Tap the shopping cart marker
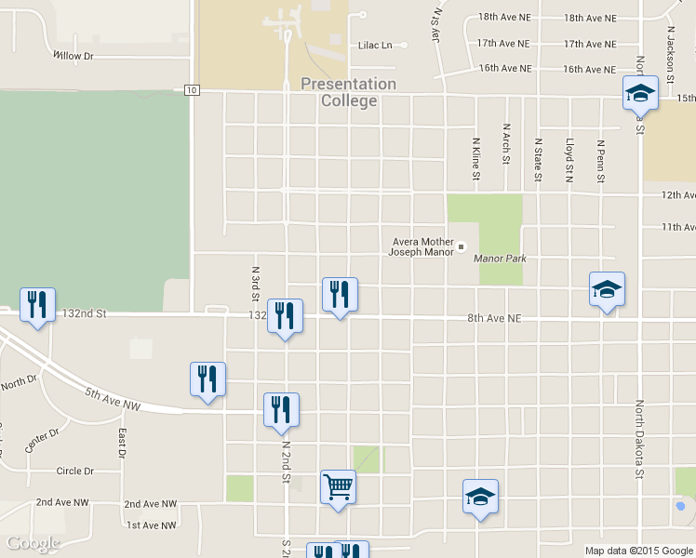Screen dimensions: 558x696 click(x=338, y=487)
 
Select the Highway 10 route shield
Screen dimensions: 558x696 click(x=191, y=89)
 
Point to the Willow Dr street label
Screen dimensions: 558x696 click(x=74, y=56)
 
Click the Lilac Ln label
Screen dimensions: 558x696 click(x=376, y=45)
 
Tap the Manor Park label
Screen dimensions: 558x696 click(x=500, y=258)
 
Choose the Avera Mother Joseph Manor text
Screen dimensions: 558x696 click(x=422, y=246)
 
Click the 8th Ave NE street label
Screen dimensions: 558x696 click(x=494, y=318)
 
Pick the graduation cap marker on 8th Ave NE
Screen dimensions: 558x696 click(x=607, y=289)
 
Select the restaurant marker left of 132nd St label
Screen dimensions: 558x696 click(x=37, y=305)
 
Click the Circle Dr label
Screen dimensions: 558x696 click(x=75, y=472)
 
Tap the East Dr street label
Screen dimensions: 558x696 click(x=122, y=444)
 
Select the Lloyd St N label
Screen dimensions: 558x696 click(x=569, y=160)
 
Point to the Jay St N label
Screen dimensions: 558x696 click(x=435, y=23)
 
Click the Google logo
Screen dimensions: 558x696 click(x=33, y=543)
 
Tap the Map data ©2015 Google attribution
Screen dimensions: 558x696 click(x=637, y=551)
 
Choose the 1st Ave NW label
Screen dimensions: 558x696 click(x=152, y=525)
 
